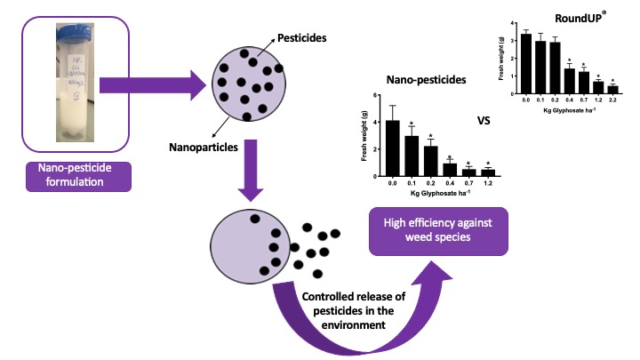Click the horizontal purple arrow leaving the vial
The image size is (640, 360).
[147, 87]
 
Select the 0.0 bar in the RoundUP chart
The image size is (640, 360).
[526, 63]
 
